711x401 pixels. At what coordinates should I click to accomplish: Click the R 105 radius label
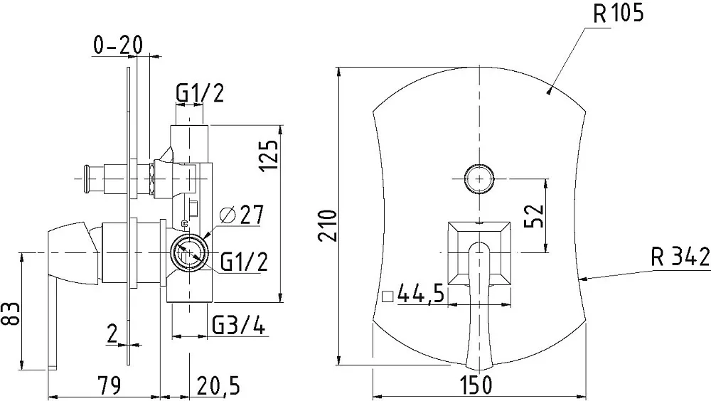(618, 14)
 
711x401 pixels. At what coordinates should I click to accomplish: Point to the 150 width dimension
(476, 385)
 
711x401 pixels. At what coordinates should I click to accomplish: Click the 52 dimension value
(534, 216)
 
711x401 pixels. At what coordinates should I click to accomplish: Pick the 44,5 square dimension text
(420, 295)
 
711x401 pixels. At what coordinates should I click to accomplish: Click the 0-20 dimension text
(118, 45)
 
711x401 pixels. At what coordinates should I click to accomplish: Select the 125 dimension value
(269, 155)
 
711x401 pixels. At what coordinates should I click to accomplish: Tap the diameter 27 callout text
(241, 214)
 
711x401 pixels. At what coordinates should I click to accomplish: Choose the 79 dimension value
(109, 385)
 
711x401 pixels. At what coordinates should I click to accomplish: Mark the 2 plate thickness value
(112, 334)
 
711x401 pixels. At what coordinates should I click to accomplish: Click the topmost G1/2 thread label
(200, 93)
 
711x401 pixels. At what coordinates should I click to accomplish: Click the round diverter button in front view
(479, 178)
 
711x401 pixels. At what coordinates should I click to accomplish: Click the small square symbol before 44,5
(387, 296)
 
